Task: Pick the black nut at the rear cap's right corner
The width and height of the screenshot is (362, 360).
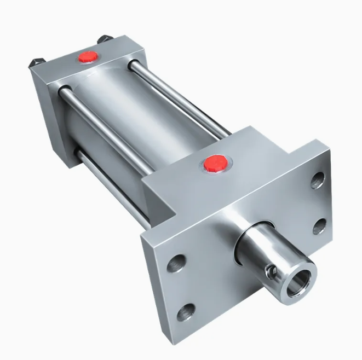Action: pos(104,39)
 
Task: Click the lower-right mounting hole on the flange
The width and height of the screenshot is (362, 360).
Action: pos(320,225)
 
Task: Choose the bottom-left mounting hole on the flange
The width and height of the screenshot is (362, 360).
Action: pos(188,311)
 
